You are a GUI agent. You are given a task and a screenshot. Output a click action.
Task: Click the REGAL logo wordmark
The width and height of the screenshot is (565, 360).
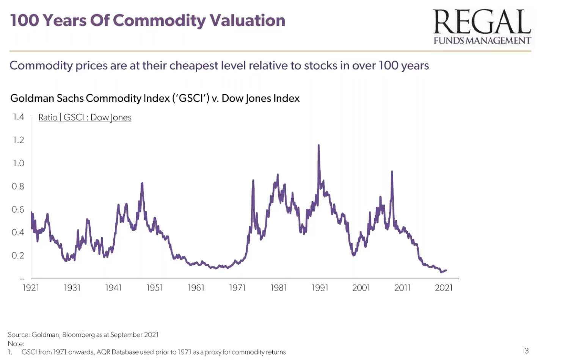click(x=482, y=22)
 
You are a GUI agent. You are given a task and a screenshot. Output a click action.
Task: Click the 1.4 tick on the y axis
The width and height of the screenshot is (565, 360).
click(x=18, y=117)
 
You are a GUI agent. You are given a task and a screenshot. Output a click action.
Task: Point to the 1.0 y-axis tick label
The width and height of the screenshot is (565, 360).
click(x=18, y=163)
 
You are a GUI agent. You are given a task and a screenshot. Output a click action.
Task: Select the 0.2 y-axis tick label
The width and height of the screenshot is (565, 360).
click(x=18, y=256)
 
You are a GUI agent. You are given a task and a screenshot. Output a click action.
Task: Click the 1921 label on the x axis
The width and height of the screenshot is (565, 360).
click(x=31, y=288)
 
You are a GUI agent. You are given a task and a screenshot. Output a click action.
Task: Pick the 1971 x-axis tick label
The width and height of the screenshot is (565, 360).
click(x=237, y=288)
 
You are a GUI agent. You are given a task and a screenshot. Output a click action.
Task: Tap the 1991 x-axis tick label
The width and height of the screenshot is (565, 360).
click(x=320, y=288)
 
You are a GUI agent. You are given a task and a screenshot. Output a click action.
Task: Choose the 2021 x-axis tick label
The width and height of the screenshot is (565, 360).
click(x=444, y=288)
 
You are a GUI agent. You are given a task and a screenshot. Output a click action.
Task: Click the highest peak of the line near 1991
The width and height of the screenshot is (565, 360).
click(x=319, y=146)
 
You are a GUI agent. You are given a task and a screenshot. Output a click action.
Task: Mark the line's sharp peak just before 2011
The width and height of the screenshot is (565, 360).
click(x=392, y=172)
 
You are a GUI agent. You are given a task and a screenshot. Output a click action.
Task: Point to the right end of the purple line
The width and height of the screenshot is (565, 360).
click(x=446, y=270)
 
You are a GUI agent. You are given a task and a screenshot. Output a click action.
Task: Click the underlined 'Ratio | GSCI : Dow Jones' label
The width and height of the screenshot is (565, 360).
click(x=85, y=117)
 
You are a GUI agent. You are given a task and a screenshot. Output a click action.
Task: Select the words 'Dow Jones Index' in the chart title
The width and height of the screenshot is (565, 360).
click(x=261, y=99)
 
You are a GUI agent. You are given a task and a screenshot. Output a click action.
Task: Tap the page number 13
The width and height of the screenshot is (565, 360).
click(x=525, y=351)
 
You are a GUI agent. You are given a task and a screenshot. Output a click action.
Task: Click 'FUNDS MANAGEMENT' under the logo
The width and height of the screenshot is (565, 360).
click(x=482, y=41)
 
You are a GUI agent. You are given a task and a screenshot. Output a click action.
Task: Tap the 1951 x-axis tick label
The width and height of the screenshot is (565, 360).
click(x=155, y=288)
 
